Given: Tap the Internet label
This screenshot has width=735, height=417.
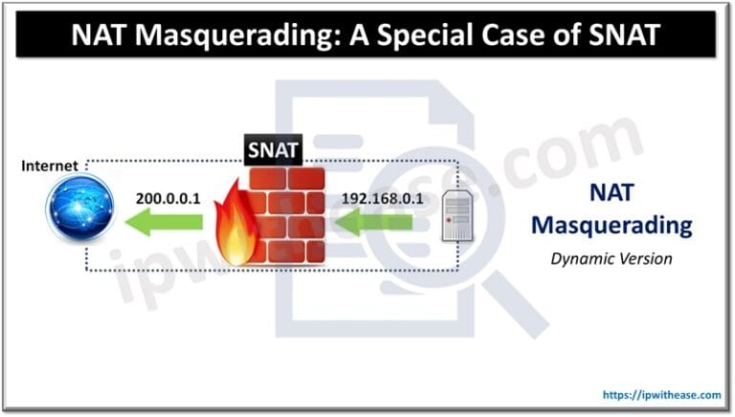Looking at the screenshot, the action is click(50, 166).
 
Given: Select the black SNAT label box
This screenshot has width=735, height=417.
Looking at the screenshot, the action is click(274, 149).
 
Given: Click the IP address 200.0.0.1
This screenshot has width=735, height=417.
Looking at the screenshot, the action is click(167, 199).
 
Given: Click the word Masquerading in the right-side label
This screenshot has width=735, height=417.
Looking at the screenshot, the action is click(610, 226).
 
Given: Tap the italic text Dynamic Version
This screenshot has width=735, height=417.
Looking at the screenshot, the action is click(610, 257).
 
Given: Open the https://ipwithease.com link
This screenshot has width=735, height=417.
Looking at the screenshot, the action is click(660, 393).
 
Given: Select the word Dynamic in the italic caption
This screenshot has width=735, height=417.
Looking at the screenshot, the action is click(583, 257).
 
